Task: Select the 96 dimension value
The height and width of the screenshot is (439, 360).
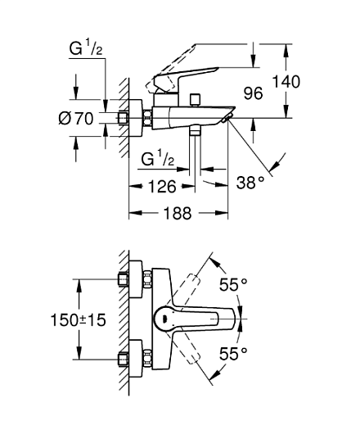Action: [x=253, y=93]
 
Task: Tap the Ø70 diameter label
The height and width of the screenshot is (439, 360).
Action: [x=76, y=119]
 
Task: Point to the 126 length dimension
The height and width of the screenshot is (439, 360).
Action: [x=163, y=187]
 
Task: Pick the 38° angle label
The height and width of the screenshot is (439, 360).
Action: [x=250, y=180]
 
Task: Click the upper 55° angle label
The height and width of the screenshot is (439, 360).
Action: [x=233, y=285]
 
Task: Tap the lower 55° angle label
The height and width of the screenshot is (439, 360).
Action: [x=233, y=354]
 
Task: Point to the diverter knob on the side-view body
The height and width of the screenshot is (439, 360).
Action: [x=195, y=100]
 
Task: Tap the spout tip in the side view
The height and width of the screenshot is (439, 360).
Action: [x=228, y=119]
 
